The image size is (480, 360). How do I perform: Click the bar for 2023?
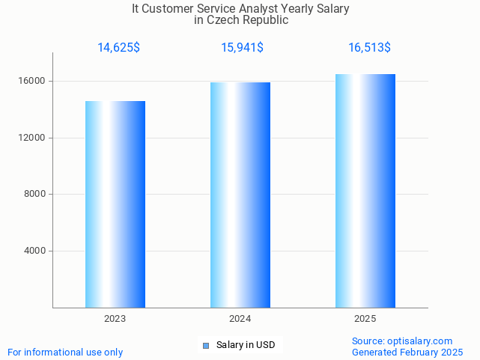point(115,204)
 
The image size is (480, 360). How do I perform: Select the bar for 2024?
point(240,195)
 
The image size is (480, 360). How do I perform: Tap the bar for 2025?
point(365,191)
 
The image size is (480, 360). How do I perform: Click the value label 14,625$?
point(118,48)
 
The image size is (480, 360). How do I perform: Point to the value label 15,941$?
point(242,48)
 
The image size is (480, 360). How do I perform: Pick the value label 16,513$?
point(369,48)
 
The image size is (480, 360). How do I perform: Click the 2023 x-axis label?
point(115,319)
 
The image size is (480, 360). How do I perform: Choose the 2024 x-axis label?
point(240,319)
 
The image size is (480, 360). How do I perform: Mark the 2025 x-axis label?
point(365,319)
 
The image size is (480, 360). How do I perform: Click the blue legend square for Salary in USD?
point(206,345)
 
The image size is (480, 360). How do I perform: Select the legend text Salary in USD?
point(246,345)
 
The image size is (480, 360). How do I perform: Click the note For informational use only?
point(65,352)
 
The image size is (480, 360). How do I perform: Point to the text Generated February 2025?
point(407,352)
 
